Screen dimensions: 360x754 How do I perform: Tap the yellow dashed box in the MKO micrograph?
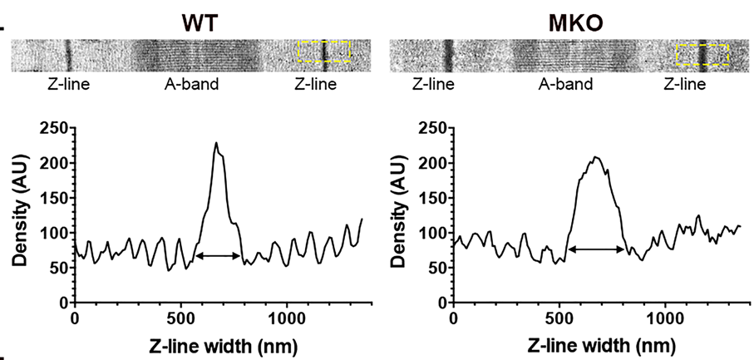click(702, 55)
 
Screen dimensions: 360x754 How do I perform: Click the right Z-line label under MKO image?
click(685, 84)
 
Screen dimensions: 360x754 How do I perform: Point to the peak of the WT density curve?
click(216, 143)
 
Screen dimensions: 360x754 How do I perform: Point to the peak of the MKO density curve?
click(595, 156)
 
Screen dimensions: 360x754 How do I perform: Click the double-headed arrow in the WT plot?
click(219, 256)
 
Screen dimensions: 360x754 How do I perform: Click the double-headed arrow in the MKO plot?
click(596, 249)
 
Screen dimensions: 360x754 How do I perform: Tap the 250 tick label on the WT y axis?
click(57, 128)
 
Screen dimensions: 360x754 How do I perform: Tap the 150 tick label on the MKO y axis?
click(433, 198)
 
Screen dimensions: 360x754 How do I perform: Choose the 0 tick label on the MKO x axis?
click(452, 318)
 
